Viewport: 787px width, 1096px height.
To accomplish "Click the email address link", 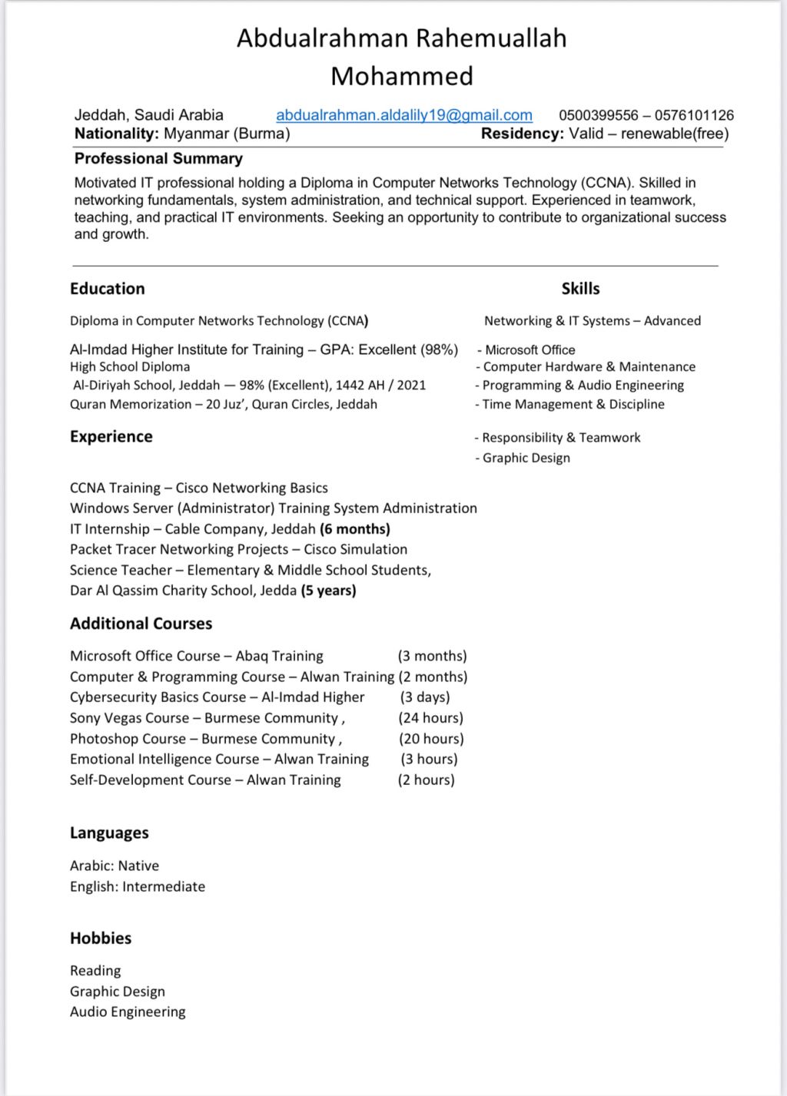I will [404, 115].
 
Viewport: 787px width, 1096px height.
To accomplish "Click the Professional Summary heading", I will [158, 158].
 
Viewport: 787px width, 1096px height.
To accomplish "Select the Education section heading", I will [107, 289].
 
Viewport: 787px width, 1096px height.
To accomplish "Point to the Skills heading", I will [580, 289].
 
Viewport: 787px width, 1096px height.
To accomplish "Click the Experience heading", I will [111, 436].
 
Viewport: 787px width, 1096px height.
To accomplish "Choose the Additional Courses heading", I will [141, 624].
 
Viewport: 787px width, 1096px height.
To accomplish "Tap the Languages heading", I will [109, 833].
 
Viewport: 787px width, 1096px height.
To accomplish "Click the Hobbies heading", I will [101, 938].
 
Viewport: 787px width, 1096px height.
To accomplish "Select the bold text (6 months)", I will [355, 529].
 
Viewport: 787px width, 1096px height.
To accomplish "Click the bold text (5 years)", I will [328, 591].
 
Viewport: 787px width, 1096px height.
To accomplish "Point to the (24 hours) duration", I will [430, 718].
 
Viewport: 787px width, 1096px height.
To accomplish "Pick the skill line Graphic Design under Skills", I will [526, 458].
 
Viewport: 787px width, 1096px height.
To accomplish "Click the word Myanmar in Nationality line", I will [196, 134].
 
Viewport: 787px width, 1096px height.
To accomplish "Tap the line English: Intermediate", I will [138, 886].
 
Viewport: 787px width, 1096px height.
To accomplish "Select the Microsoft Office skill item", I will [530, 349].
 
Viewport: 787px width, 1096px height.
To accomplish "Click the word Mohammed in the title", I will [402, 76].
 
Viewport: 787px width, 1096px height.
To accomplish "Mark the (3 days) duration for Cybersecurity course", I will [425, 697].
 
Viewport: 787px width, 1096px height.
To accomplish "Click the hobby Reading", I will [95, 971].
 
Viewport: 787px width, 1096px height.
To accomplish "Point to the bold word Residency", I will [522, 134].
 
